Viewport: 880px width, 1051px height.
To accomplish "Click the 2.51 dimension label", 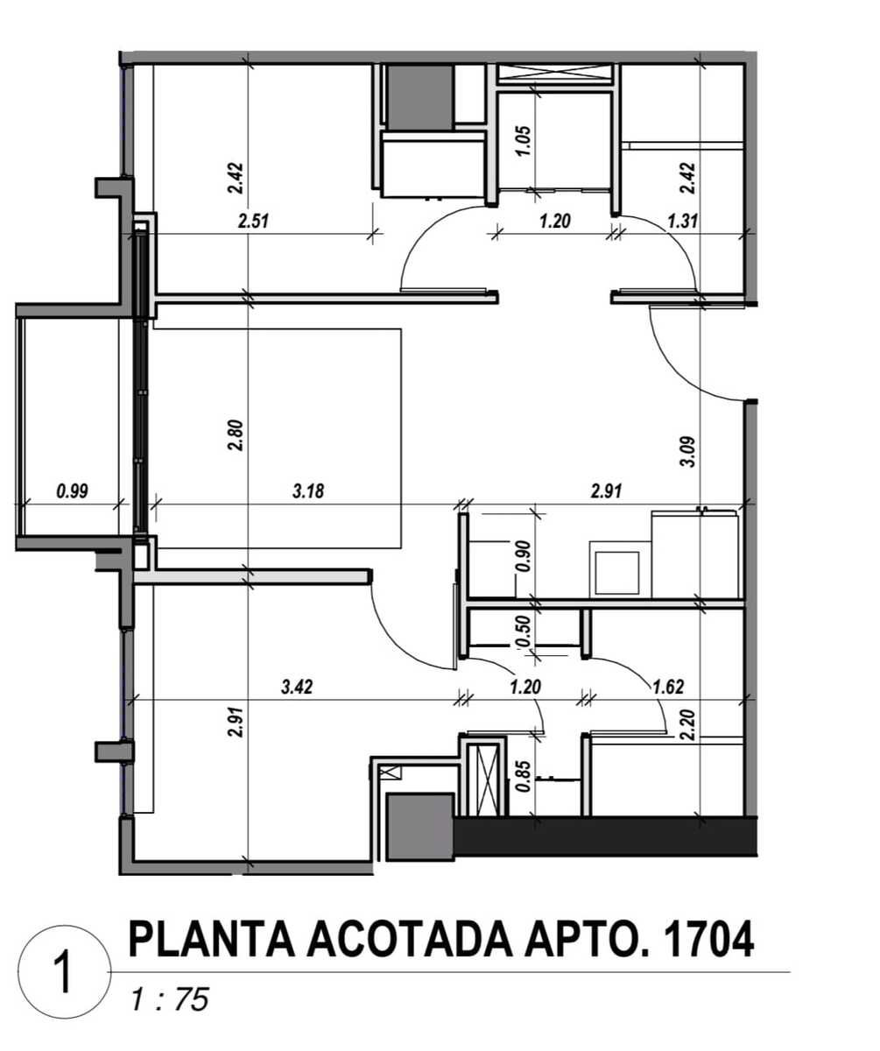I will [x=252, y=222].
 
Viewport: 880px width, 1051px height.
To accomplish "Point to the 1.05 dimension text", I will [x=524, y=141].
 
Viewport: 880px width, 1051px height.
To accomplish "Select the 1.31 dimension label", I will [x=682, y=222].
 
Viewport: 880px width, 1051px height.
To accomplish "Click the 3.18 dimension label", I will [x=307, y=491].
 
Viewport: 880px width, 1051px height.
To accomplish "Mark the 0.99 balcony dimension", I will [x=72, y=491].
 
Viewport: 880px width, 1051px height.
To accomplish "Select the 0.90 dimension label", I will [x=524, y=556].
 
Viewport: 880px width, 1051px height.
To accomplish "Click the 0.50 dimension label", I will [x=524, y=631].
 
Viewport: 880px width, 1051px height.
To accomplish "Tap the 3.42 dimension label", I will [x=297, y=688].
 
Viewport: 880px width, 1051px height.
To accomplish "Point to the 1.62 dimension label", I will [x=668, y=688].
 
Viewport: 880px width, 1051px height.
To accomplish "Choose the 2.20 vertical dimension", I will [x=688, y=725].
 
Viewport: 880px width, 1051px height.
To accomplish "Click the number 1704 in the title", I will [x=710, y=940].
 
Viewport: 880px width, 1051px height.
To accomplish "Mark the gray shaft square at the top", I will [x=419, y=95].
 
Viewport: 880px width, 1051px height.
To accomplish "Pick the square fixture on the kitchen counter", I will [x=622, y=568].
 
